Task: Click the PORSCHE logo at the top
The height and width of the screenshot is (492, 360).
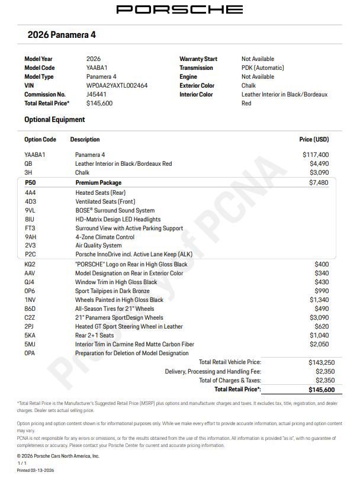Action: tap(179, 9)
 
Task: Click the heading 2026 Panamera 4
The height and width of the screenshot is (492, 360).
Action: tap(62, 35)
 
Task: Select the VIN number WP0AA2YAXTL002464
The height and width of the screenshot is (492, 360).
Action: tap(117, 85)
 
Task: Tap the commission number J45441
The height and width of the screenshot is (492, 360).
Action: tap(97, 94)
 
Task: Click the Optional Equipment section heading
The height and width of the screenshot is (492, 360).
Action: tap(54, 120)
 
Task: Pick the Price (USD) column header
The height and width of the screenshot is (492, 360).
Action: tap(314, 140)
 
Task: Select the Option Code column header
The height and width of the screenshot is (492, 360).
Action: tap(40, 140)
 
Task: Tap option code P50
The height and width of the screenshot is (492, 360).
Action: tap(30, 183)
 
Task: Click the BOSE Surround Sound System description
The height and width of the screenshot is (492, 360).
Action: tap(115, 210)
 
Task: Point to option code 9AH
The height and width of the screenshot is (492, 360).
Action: tap(31, 237)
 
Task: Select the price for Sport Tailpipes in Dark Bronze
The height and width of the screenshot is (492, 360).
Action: tap(322, 291)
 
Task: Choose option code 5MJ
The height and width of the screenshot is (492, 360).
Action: tap(30, 345)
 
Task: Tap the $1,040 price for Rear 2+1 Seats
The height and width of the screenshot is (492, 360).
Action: tap(320, 336)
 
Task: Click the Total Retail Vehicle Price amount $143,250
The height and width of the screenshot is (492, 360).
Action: tap(319, 362)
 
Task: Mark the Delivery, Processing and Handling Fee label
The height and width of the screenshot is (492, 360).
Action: tap(213, 371)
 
